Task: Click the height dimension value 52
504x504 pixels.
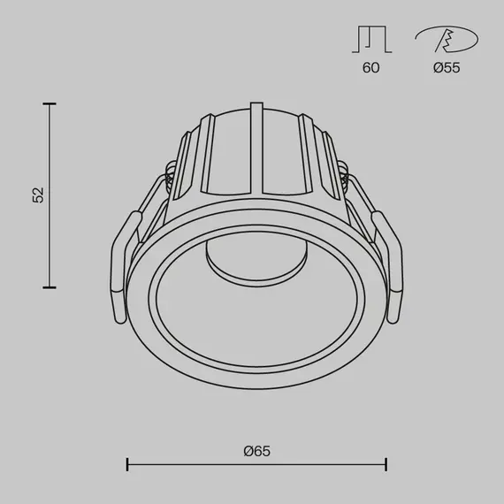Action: click(37, 195)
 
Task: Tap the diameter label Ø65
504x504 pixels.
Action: click(256, 451)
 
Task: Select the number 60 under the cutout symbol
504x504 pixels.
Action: click(370, 68)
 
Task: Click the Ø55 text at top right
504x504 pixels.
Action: click(447, 68)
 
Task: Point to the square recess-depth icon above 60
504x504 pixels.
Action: click(370, 40)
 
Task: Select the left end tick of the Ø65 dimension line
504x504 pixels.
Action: click(128, 463)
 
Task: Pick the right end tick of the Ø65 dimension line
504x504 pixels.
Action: click(386, 463)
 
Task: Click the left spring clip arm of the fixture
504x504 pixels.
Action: click(124, 265)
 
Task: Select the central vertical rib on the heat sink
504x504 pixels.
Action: click(256, 150)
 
